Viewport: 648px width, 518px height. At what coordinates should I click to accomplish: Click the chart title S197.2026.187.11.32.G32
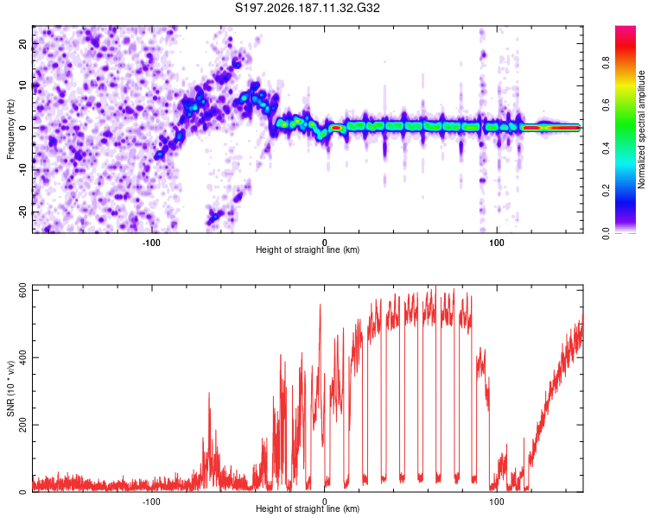click(x=307, y=8)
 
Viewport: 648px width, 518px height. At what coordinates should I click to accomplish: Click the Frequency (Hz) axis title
click(x=10, y=129)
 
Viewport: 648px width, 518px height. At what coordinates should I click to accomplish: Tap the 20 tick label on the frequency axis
click(x=22, y=44)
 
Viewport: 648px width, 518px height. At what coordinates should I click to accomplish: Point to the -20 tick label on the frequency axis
click(x=22, y=212)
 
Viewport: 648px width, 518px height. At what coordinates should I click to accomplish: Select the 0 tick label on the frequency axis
click(x=22, y=128)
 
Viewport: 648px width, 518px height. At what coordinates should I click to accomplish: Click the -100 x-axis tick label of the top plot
click(x=151, y=243)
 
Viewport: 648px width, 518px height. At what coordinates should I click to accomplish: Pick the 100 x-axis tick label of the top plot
click(x=496, y=243)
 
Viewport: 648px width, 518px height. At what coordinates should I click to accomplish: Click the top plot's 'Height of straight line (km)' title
click(x=308, y=250)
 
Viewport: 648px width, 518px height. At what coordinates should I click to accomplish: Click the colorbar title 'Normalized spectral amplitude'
click(x=641, y=129)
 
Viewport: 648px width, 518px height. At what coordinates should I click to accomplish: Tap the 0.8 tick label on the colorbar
click(x=607, y=63)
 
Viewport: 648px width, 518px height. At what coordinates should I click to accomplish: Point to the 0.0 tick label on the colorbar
click(x=607, y=233)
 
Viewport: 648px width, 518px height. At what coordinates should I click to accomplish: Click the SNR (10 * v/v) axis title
click(x=10, y=388)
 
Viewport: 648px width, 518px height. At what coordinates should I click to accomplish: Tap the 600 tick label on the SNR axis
click(x=22, y=290)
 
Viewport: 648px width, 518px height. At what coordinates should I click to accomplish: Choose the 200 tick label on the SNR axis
click(x=22, y=425)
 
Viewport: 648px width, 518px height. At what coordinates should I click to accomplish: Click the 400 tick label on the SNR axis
click(x=22, y=357)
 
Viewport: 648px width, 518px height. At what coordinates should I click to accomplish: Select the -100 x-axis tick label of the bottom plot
click(x=151, y=502)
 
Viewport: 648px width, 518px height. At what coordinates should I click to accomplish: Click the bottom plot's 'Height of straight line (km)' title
click(x=308, y=509)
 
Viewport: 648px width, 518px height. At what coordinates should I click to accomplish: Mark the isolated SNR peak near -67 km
click(x=209, y=394)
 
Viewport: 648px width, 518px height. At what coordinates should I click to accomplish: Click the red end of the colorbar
click(x=626, y=28)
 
